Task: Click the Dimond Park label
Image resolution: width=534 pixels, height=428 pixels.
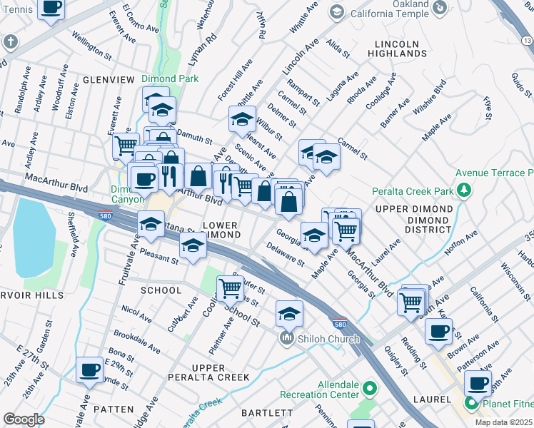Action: coord(169,78)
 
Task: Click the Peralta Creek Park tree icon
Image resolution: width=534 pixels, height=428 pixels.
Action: coord(465,190)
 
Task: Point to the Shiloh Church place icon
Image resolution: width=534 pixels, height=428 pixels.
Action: coord(287,337)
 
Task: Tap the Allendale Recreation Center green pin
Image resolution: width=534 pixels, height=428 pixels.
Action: coord(369,389)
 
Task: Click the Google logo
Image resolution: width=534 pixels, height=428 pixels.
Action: coord(24,419)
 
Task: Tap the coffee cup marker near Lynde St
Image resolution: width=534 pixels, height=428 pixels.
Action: coord(89,370)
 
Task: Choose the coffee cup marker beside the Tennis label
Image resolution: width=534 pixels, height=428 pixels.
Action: coord(51,7)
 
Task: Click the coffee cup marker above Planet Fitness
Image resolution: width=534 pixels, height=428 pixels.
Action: coord(478,383)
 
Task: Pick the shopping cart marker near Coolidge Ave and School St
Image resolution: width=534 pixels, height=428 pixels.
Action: coord(231,288)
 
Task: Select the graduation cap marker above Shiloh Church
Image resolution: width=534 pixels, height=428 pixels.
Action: coord(289,312)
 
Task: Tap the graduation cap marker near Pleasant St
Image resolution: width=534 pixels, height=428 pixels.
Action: coord(192,246)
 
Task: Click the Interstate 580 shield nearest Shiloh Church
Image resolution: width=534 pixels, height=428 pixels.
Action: coord(341,322)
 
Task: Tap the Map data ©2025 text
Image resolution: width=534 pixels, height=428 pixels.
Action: coord(503,422)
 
